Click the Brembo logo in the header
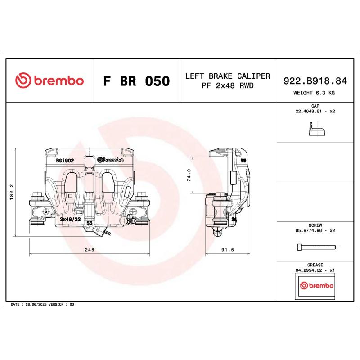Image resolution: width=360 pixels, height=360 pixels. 49,81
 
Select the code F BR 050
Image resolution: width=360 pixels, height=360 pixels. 136,81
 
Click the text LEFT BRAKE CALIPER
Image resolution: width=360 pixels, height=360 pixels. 228,76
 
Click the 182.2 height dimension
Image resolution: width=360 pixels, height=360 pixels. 12,192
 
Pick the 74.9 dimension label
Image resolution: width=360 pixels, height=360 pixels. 189,175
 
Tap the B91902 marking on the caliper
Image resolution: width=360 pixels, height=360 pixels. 65,160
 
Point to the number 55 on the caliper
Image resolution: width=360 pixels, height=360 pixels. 89,223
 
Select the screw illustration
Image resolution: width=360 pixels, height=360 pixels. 316,247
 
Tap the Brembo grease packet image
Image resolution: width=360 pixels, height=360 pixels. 316,286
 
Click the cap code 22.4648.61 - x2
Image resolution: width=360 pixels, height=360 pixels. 315,111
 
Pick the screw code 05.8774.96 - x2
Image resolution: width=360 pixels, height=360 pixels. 315,230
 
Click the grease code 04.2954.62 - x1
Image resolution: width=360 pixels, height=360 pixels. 315,270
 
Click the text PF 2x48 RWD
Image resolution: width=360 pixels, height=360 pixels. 228,85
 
